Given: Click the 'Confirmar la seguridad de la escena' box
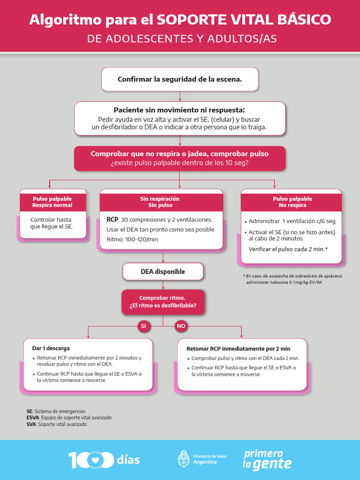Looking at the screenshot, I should (x=180, y=79).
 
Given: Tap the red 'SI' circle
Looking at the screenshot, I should (x=143, y=326).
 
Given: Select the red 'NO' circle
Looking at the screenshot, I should (x=180, y=326).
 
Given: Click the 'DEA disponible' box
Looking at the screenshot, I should (x=163, y=271).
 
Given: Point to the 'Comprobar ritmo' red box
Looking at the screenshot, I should (x=163, y=302).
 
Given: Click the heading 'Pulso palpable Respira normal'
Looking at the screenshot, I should (x=52, y=202).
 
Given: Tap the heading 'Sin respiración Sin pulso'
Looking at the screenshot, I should (x=160, y=202).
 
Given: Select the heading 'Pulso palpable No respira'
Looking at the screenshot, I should (x=292, y=202).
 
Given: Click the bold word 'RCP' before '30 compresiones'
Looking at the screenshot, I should (x=112, y=219).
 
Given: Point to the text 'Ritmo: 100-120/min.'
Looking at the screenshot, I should (x=133, y=240).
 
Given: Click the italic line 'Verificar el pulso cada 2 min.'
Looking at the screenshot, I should (x=288, y=249).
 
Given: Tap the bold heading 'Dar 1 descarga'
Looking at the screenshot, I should (x=51, y=348).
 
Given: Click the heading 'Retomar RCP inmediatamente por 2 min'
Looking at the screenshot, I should (x=238, y=349).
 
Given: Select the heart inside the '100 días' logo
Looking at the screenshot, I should (x=96, y=460).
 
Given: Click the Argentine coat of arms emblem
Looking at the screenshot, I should (x=184, y=459).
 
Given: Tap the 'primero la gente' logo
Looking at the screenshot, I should (x=266, y=459).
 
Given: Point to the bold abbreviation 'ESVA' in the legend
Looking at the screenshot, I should (x=33, y=418).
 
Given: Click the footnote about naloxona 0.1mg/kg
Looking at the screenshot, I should (x=292, y=279).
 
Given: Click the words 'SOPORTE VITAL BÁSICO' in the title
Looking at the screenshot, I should (x=244, y=20).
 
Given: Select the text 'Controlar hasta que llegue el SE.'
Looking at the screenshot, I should (x=52, y=223).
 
